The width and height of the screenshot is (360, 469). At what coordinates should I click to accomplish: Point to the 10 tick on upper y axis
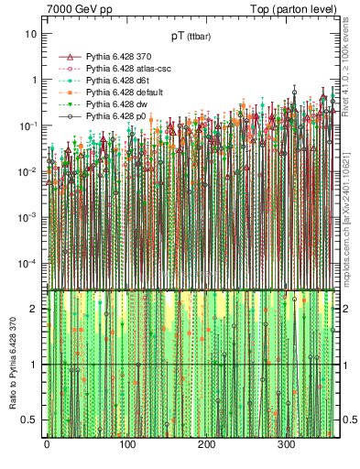pyautogui.click(x=30, y=34)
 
